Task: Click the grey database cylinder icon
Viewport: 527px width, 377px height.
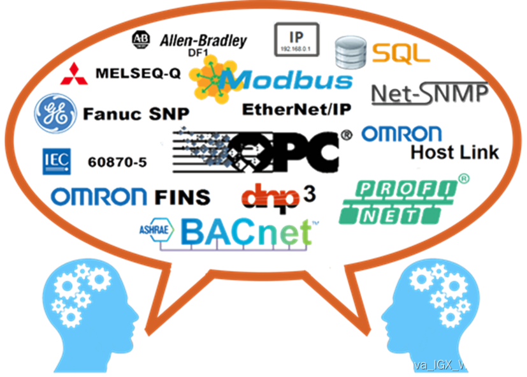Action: pos(350,52)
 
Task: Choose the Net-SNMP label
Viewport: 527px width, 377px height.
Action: pos(430,94)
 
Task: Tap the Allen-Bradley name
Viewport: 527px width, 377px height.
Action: pos(203,41)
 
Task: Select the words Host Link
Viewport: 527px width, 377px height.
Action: pos(454,152)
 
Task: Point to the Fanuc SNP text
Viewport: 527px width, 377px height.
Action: pos(136,115)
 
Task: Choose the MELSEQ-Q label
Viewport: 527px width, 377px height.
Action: pos(137,73)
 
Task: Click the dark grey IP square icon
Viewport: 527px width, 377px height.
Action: pos(296,38)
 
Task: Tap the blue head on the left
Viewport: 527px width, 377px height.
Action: pos(89,300)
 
